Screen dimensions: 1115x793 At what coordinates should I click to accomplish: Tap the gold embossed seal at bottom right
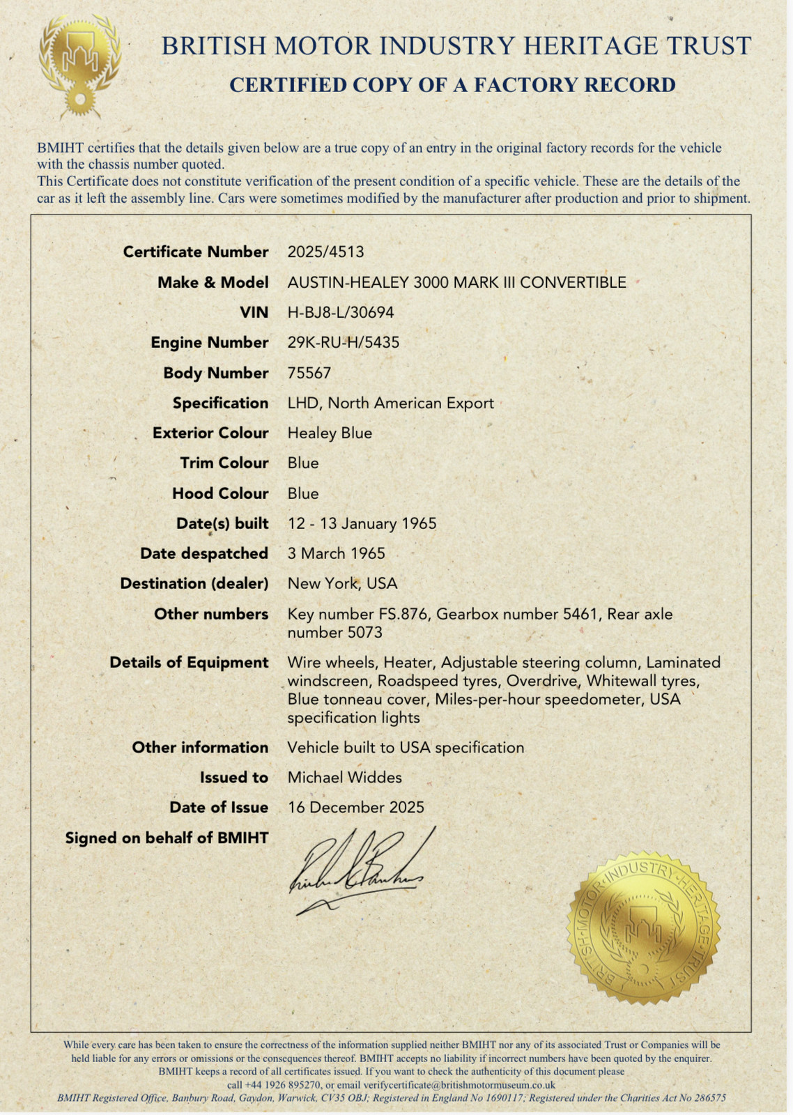tap(644, 930)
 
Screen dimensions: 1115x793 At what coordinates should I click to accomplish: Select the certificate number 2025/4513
tap(325, 252)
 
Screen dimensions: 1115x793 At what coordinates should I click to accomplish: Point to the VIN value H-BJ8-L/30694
tap(341, 312)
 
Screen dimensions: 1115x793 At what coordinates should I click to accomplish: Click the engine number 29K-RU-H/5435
tap(344, 342)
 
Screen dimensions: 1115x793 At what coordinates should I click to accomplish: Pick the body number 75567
tap(309, 373)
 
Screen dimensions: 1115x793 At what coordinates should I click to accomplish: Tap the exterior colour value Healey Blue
tap(330, 433)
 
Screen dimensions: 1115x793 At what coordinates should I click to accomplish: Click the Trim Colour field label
tap(224, 463)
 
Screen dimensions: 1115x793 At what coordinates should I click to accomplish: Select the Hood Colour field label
tap(220, 493)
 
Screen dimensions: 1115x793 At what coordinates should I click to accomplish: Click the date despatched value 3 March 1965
tap(336, 553)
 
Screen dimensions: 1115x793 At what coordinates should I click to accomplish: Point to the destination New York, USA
tap(342, 583)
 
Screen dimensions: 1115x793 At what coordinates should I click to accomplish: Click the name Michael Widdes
tap(344, 777)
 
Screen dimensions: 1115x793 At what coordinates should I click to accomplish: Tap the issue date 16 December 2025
tap(355, 807)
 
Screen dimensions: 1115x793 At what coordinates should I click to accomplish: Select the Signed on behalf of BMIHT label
tap(167, 838)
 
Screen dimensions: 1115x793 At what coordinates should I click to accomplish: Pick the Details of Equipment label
tap(189, 662)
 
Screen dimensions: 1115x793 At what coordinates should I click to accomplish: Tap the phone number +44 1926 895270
tap(282, 1085)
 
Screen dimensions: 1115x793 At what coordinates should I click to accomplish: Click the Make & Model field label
tap(213, 282)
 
